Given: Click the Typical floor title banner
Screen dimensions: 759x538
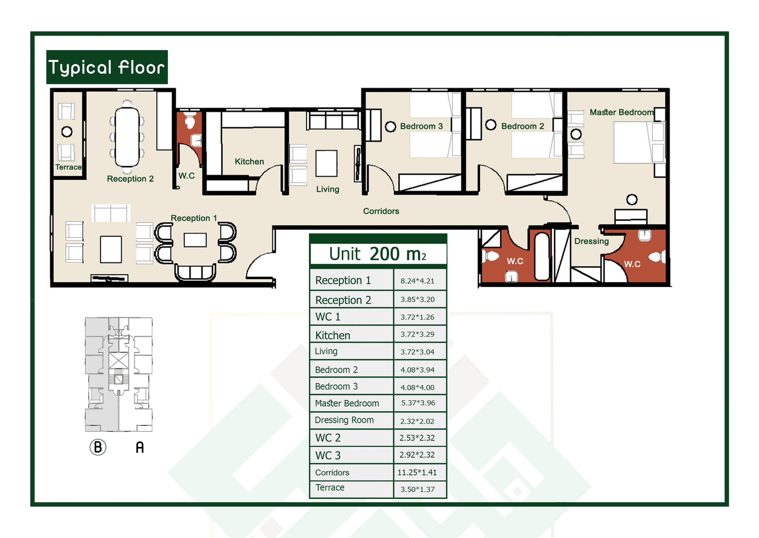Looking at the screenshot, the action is tap(107, 67).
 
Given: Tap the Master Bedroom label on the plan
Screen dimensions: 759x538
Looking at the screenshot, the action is tap(622, 112).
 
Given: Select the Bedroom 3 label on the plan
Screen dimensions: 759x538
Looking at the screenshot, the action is tap(421, 126).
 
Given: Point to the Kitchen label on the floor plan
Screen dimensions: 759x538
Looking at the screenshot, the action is tap(249, 162).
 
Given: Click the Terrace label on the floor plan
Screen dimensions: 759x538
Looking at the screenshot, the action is tap(68, 167).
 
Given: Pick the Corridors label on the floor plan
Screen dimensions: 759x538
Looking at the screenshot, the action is tap(381, 211).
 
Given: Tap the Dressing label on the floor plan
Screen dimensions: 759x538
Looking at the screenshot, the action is tap(591, 241).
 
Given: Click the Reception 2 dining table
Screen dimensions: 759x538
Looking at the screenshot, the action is tap(127, 137).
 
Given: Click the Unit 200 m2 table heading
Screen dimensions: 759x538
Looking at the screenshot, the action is tap(378, 254).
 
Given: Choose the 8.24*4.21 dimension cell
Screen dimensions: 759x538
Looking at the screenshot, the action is tap(417, 281).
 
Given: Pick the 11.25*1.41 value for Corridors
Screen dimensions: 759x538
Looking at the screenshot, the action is tap(417, 472).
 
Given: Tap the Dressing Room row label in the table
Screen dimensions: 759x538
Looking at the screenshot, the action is tap(344, 420).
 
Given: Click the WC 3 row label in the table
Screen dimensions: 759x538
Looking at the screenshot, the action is tap(328, 456).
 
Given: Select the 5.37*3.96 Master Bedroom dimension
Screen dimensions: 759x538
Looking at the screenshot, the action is tap(418, 403).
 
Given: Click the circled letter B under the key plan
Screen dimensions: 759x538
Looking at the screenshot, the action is tap(98, 447).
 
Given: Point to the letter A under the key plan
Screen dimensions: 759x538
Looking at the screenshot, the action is tap(140, 447).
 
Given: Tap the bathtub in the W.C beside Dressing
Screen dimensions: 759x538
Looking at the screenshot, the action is tap(542, 256).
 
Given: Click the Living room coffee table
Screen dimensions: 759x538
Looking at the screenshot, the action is tap(326, 163).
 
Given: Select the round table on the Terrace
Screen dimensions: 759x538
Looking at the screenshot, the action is tap(67, 132).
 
